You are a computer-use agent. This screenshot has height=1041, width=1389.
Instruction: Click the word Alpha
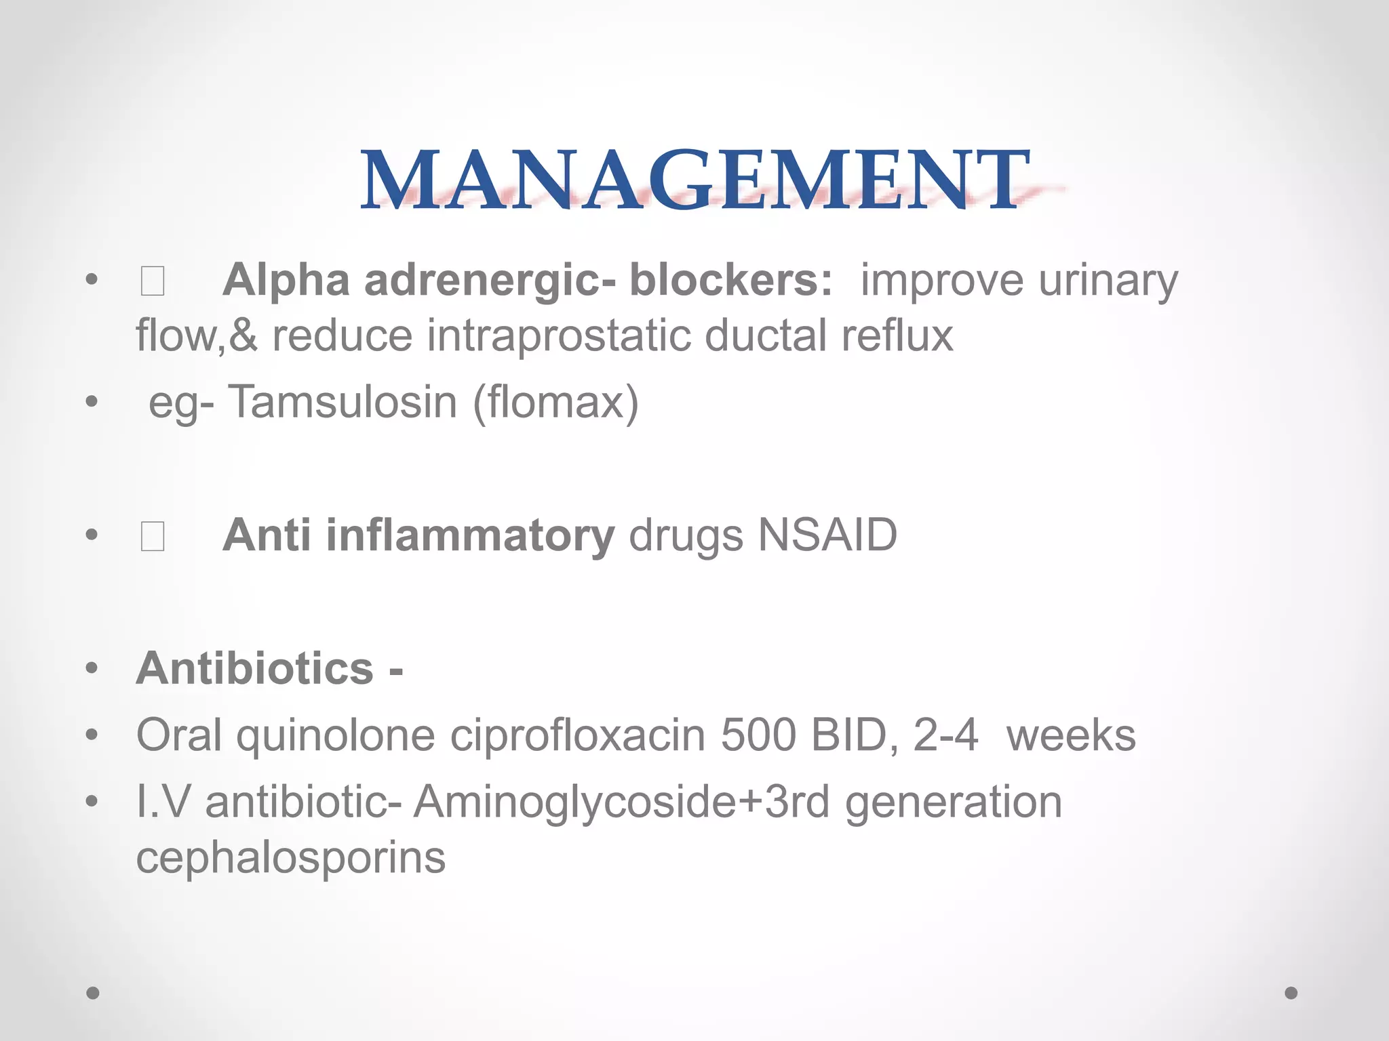[286, 280]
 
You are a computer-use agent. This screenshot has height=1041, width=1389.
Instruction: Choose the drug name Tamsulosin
[343, 402]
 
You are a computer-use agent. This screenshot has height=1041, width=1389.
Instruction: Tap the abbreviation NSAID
[827, 535]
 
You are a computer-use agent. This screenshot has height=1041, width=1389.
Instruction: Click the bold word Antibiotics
[255, 669]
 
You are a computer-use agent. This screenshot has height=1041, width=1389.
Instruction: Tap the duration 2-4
[945, 735]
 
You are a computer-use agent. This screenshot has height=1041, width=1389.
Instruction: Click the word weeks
[1071, 735]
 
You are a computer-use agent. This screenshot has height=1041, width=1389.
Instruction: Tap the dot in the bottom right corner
[1291, 993]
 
